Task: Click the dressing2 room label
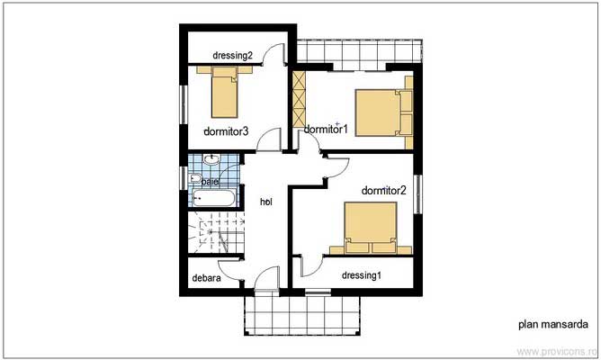(x=232, y=56)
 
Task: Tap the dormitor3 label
(x=225, y=131)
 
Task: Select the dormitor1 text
(x=326, y=129)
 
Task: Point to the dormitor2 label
(x=384, y=190)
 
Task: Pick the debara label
(x=207, y=278)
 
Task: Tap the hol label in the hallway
(x=266, y=202)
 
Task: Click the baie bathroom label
(x=210, y=182)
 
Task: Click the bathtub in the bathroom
(x=214, y=197)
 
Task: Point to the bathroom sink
(x=211, y=161)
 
